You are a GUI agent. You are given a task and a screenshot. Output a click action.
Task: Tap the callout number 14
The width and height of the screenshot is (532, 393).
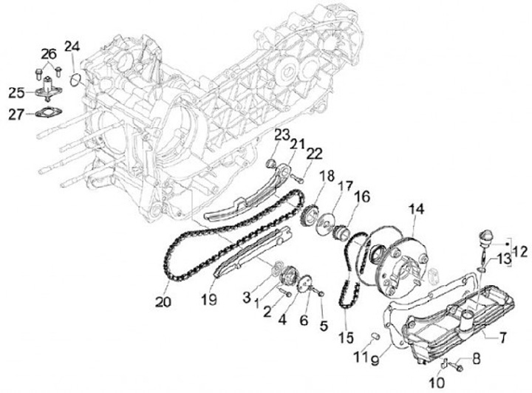[x=417, y=210]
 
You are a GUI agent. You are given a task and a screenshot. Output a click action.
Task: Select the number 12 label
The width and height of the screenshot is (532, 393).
[x=519, y=252]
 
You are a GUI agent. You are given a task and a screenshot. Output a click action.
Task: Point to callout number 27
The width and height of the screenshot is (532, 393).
[x=16, y=114]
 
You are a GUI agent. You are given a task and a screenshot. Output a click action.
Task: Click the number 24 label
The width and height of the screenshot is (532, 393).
[x=72, y=47]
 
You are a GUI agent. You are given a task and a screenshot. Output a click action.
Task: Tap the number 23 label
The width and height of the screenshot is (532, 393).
[x=281, y=134]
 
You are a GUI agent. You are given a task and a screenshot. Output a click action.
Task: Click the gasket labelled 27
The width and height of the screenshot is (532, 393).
[x=49, y=114]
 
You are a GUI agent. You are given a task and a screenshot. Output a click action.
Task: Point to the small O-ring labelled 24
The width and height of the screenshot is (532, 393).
[x=75, y=77]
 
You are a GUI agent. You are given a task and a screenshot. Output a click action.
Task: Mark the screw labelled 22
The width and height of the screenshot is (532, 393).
[x=302, y=177]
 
